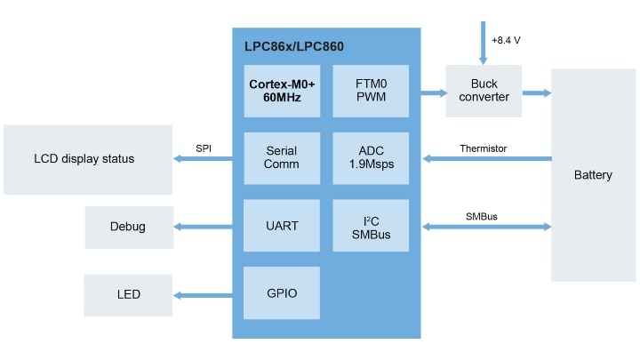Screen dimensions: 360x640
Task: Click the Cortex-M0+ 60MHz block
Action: [282, 91]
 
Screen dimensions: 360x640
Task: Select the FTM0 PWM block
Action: [371, 91]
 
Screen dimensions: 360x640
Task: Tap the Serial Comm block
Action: [282, 158]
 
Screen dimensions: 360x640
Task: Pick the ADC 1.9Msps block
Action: [371, 158]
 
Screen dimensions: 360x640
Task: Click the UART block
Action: [282, 227]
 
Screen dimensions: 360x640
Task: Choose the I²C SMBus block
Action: [371, 227]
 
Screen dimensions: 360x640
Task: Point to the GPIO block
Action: [282, 293]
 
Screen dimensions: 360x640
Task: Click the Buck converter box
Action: [484, 91]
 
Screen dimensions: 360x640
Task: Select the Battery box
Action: [593, 175]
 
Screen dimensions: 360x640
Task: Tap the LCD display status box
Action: [88, 159]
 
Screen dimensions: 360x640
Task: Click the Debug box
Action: [128, 228]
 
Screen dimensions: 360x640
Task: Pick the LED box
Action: [127, 294]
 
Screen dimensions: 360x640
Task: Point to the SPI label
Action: [204, 148]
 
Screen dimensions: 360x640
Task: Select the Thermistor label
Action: [484, 148]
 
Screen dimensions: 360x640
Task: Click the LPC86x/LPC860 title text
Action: [293, 46]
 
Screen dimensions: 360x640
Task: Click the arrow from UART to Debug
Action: [204, 228]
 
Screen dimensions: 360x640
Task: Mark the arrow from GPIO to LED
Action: [204, 295]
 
